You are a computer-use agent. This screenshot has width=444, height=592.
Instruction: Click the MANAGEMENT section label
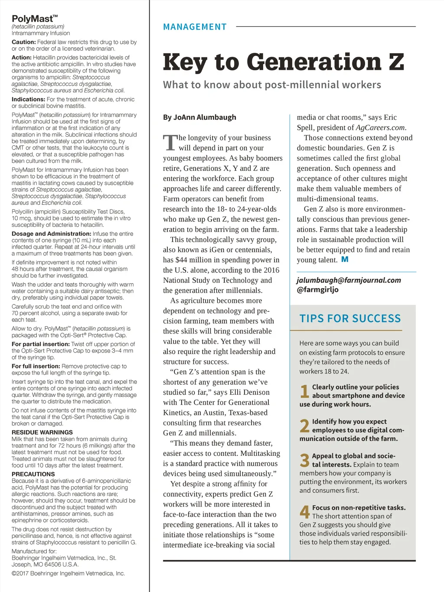[195, 27]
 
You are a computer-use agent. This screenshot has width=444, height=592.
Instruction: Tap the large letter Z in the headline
[396, 62]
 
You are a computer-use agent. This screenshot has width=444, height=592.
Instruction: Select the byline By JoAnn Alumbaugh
[199, 117]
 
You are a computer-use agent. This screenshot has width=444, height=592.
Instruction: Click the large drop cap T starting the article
[170, 143]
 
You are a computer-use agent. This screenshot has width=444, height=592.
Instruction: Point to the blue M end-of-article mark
[345, 259]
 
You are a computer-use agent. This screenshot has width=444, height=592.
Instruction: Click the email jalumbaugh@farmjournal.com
[349, 280]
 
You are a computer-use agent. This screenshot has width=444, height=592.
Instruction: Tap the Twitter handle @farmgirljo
[317, 290]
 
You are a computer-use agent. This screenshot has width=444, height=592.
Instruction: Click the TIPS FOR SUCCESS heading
[350, 318]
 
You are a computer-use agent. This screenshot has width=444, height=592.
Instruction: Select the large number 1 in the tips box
[304, 391]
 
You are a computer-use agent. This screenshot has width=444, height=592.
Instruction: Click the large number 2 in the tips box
[304, 426]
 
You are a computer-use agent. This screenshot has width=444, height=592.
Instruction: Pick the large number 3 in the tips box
[304, 460]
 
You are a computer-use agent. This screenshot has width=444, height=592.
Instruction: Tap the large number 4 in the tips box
[305, 512]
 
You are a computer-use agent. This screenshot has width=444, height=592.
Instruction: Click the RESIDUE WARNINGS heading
[42, 432]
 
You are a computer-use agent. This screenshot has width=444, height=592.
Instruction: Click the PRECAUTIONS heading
[33, 474]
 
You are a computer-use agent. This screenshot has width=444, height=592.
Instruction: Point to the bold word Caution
[23, 42]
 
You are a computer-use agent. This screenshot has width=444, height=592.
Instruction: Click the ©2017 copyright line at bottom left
[68, 573]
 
